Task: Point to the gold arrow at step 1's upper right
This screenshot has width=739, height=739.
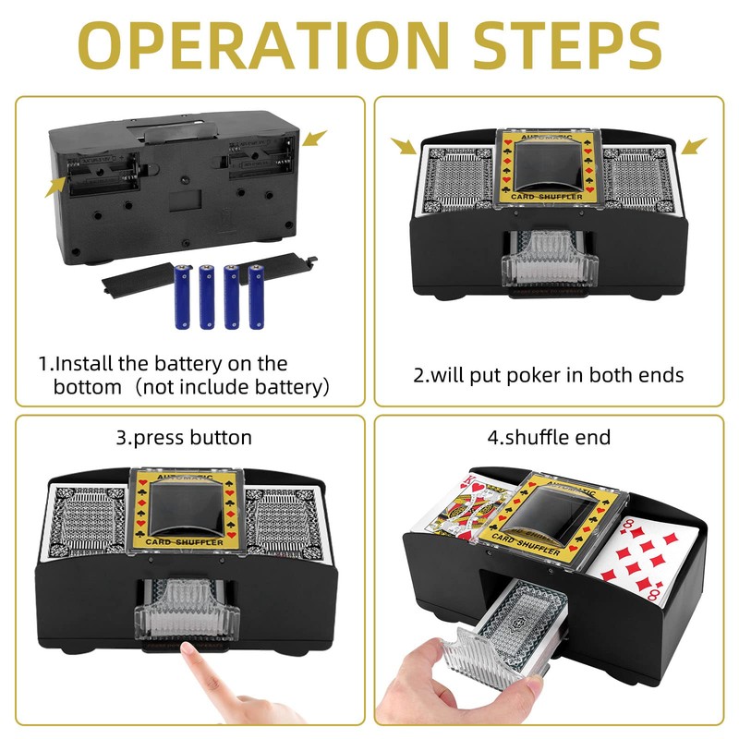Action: pyautogui.click(x=316, y=139)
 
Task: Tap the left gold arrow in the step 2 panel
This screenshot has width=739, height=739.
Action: pyautogui.click(x=404, y=146)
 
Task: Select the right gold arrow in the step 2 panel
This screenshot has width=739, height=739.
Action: pyautogui.click(x=695, y=146)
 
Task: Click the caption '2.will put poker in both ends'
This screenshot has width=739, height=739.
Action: pyautogui.click(x=548, y=375)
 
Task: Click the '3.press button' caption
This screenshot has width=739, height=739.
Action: pyautogui.click(x=184, y=437)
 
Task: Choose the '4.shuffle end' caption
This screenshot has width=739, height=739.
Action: pyautogui.click(x=549, y=437)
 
